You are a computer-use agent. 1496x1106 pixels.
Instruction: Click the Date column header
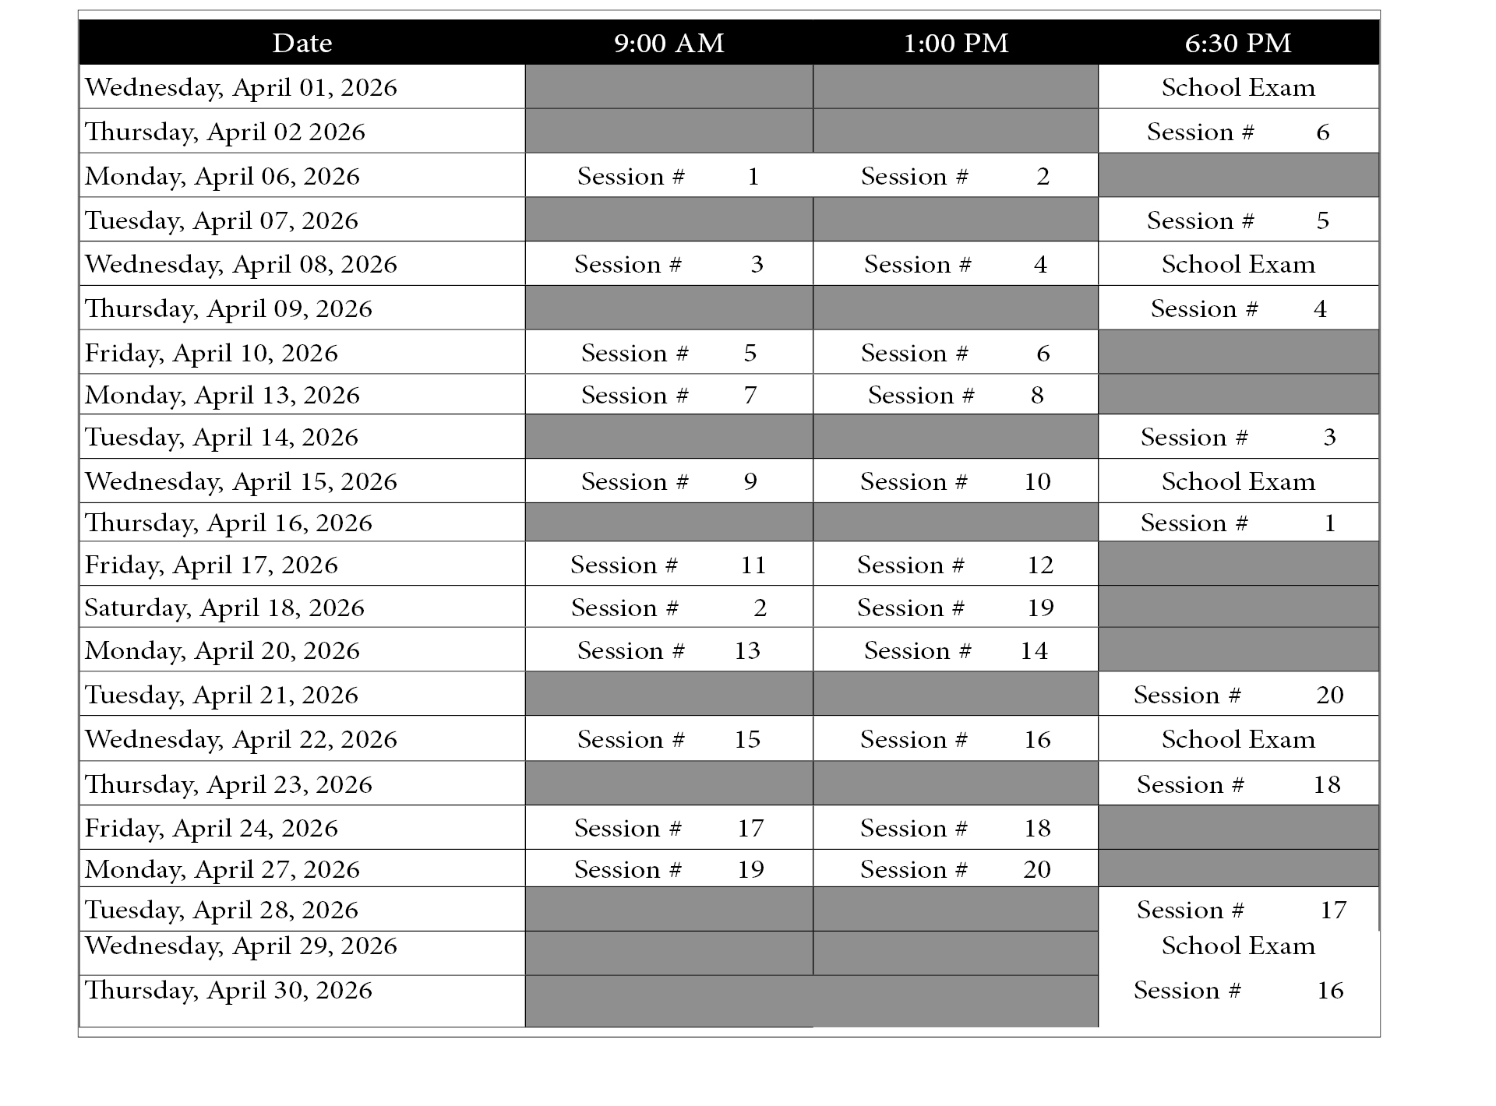(302, 43)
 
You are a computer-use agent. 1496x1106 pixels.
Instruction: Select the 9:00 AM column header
(669, 43)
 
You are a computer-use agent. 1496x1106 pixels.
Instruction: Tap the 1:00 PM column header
(955, 43)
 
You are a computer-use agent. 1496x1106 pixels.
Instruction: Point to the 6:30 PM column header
(1238, 43)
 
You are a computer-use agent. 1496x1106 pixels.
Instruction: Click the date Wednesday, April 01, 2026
(241, 87)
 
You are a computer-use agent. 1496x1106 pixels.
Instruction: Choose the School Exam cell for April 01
(1238, 87)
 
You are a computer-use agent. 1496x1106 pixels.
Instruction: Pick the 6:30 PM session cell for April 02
(1238, 132)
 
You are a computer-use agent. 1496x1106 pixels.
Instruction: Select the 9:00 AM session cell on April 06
(669, 176)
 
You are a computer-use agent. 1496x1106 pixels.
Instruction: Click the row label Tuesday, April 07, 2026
(221, 220)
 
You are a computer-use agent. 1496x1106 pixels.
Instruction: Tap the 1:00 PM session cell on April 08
(955, 264)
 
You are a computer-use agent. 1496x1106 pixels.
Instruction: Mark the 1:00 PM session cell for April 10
(955, 353)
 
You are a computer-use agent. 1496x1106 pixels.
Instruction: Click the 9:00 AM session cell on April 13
(669, 395)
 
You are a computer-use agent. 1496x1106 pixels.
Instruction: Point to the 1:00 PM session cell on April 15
(955, 481)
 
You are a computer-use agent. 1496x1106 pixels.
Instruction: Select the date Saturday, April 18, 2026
(224, 608)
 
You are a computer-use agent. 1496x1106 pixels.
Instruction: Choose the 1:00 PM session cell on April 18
(955, 608)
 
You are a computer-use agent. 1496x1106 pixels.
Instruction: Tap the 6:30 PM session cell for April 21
(1238, 695)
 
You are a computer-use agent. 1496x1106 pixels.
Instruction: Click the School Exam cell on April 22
(1238, 739)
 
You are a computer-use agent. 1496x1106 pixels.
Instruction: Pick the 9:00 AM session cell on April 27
(669, 869)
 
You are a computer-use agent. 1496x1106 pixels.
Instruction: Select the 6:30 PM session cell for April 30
(1238, 991)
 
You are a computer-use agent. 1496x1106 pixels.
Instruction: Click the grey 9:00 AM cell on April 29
(669, 953)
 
